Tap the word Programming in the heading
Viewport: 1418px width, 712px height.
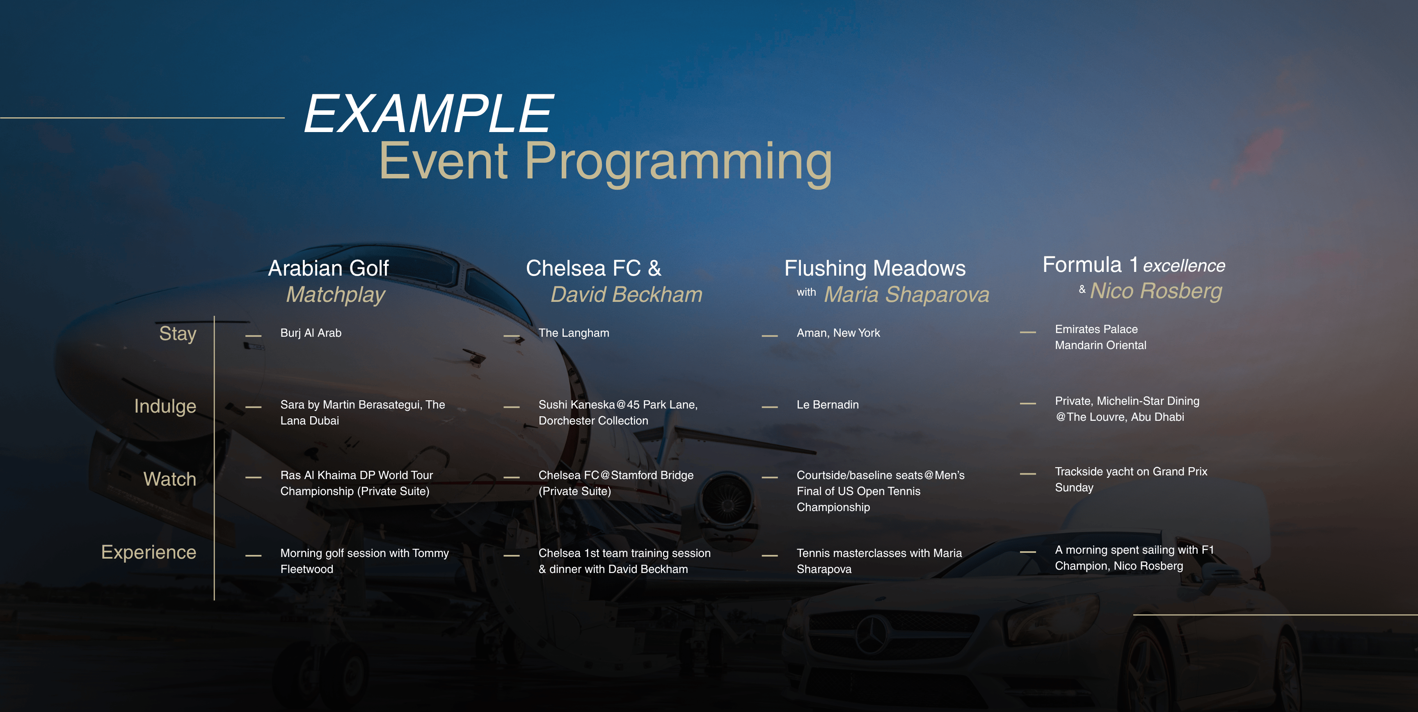(678, 163)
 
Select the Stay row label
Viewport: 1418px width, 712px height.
(177, 334)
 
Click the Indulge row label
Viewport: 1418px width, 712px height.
(165, 406)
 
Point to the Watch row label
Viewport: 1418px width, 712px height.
(169, 479)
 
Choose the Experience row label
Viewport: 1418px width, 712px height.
(149, 552)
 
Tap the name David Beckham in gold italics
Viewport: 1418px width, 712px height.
(627, 294)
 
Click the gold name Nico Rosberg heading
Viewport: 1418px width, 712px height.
(1156, 291)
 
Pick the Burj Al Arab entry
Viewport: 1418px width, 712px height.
(311, 333)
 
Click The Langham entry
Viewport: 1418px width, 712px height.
(574, 333)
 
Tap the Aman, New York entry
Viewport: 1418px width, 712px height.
(838, 333)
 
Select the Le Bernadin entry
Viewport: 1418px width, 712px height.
(827, 405)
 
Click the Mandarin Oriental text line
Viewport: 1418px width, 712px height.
(1100, 345)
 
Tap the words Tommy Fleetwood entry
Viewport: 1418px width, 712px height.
(364, 561)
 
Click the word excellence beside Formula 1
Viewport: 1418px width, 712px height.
(1184, 266)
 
